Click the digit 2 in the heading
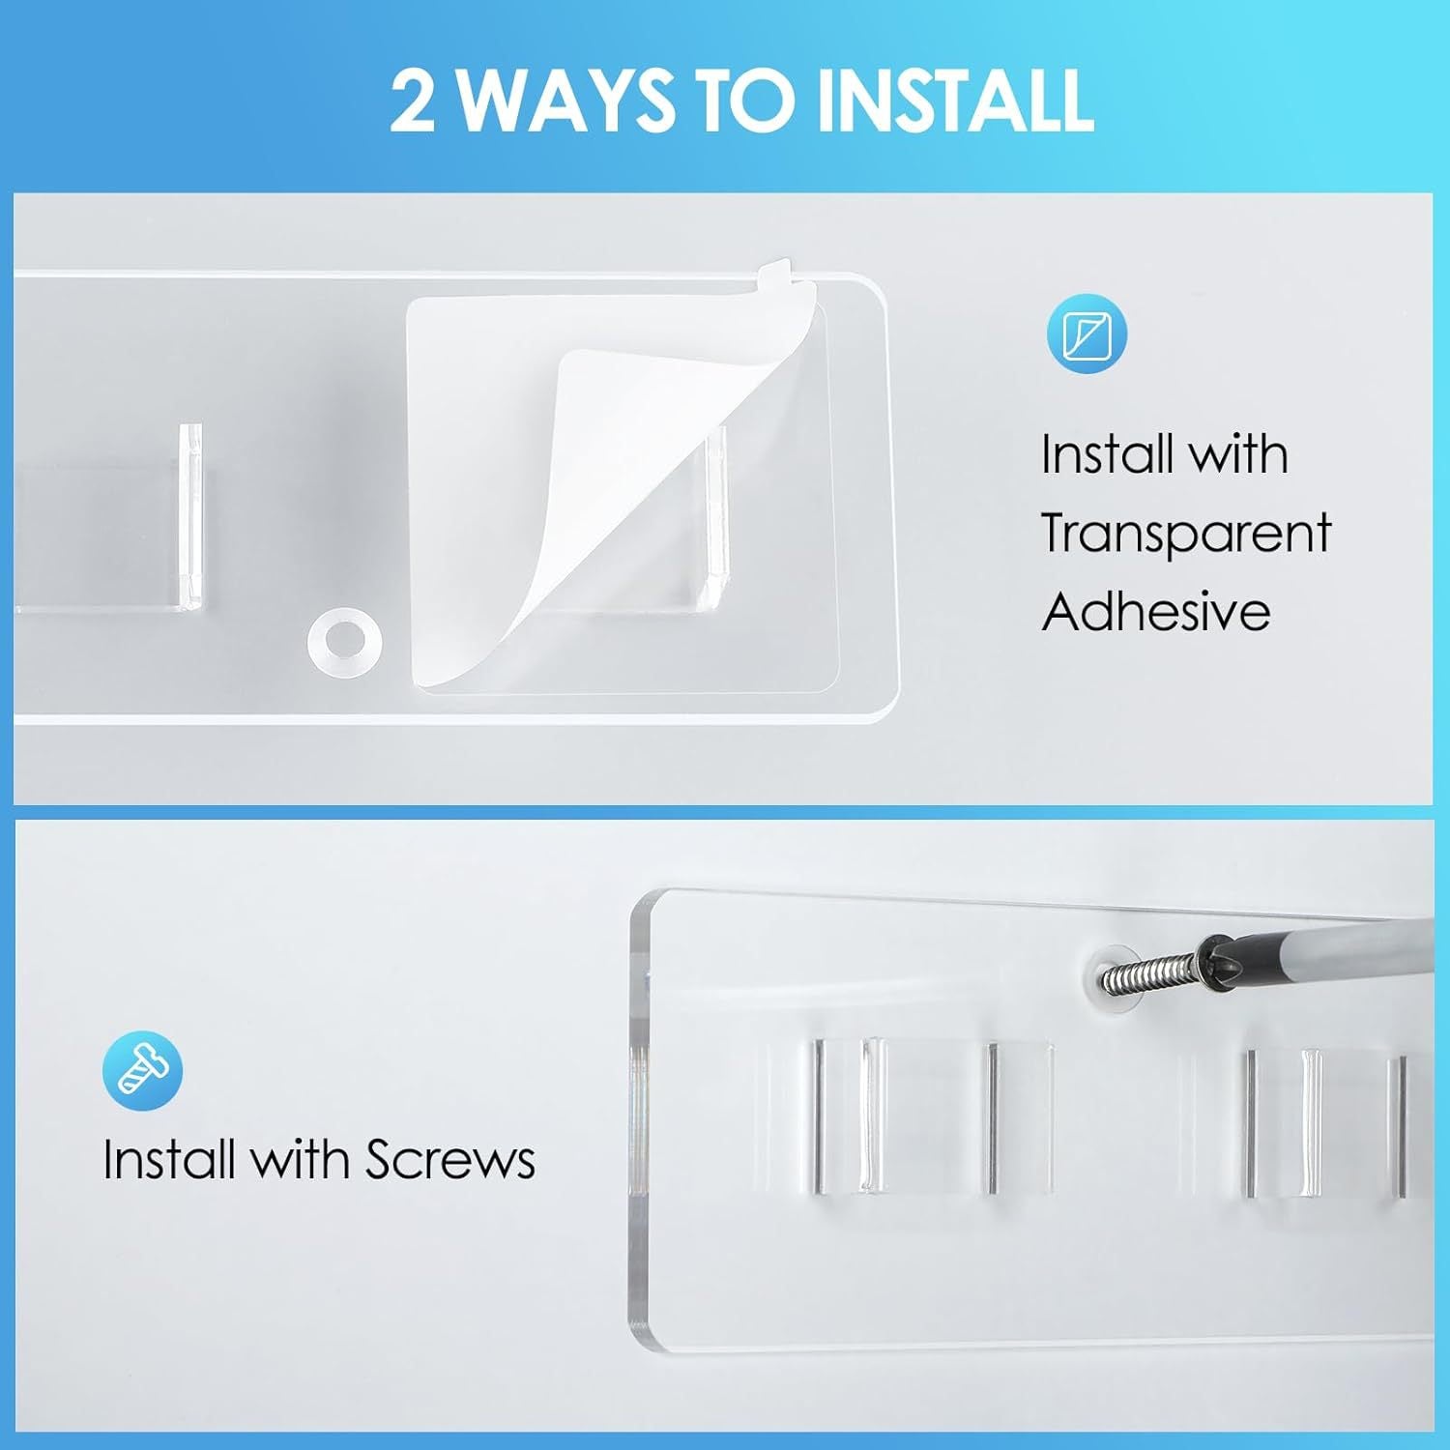tap(413, 100)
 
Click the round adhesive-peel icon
tap(1087, 334)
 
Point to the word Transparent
tap(1186, 533)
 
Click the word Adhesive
tap(1156, 611)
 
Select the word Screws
tap(450, 1159)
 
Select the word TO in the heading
tap(749, 100)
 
